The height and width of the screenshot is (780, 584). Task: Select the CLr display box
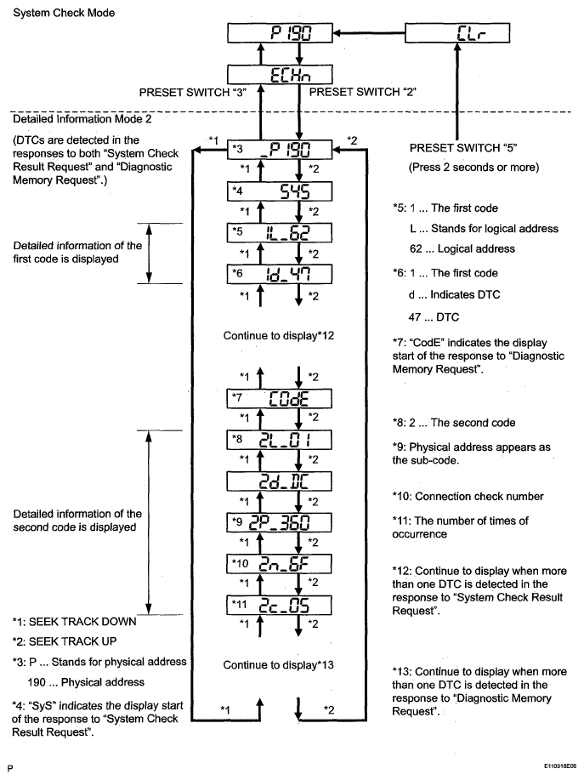click(457, 34)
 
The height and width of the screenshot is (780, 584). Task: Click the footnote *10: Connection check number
click(467, 496)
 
